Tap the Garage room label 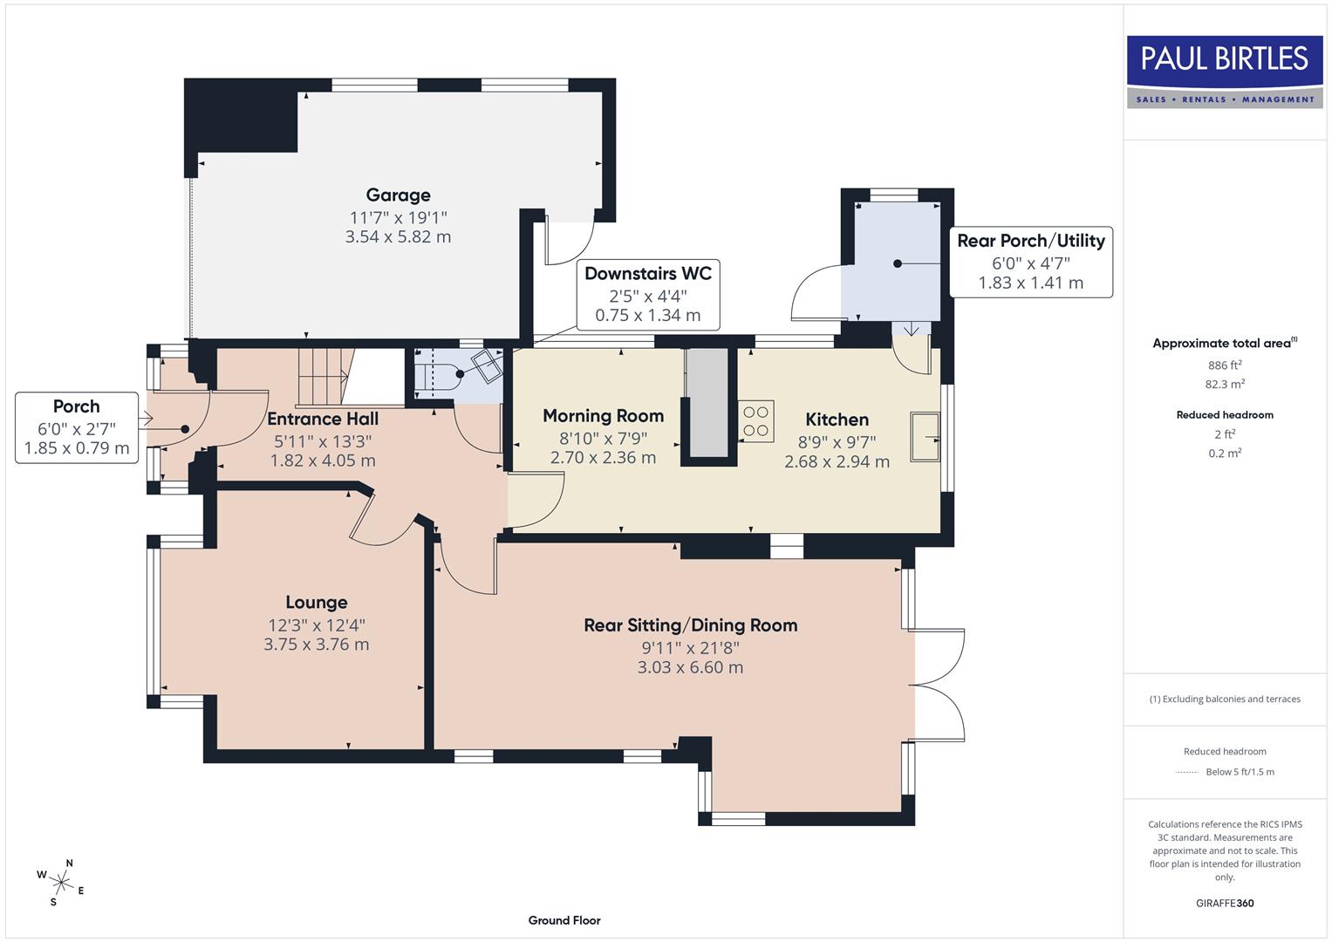click(x=398, y=195)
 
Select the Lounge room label click(x=317, y=603)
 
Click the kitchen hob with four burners click(x=756, y=421)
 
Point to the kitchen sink click(x=925, y=436)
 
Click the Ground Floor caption click(x=564, y=920)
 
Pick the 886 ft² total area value click(x=1225, y=365)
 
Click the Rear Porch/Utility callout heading click(x=1030, y=241)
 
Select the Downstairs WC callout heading click(x=647, y=274)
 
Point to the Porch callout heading click(x=77, y=406)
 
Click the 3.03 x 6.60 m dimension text click(x=690, y=667)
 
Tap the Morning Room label click(x=603, y=416)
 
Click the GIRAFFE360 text click(x=1225, y=903)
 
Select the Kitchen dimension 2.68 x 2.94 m click(x=837, y=462)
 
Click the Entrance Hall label click(x=323, y=419)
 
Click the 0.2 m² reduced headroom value click(x=1225, y=453)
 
